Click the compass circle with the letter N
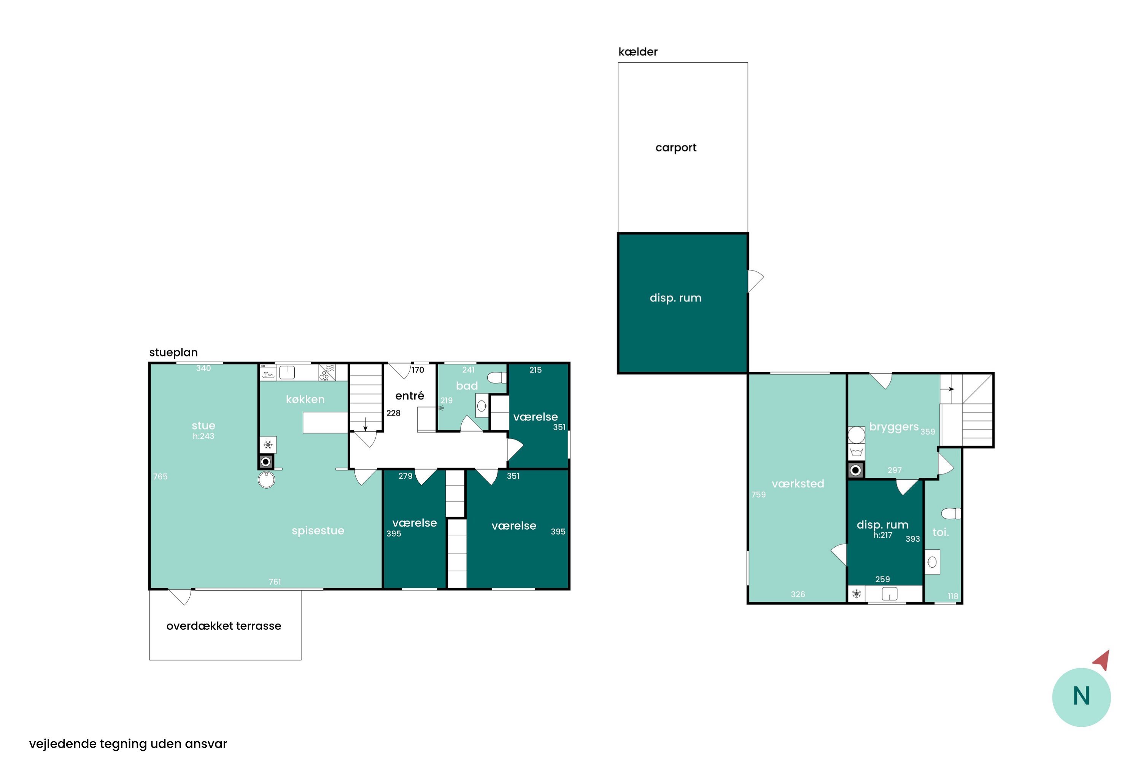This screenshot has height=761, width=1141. point(1081,697)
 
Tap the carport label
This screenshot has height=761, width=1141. point(676,148)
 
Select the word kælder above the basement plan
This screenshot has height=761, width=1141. point(638,51)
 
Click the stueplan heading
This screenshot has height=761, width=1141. point(173,353)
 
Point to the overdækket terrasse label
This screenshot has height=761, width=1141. point(224,626)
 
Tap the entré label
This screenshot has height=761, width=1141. point(410,396)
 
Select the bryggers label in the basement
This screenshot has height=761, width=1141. point(893,427)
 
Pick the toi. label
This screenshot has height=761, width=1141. point(940,532)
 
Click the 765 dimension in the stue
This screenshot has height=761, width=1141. point(161,477)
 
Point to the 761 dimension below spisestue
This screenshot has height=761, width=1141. point(275,582)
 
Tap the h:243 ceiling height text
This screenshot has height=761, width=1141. point(203,436)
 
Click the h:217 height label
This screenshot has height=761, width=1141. point(882,535)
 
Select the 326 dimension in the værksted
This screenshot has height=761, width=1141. point(798,594)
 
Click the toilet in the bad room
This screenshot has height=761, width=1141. point(497,377)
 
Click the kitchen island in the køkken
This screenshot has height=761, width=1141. point(325,422)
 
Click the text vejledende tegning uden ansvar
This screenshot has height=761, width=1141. point(128,743)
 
